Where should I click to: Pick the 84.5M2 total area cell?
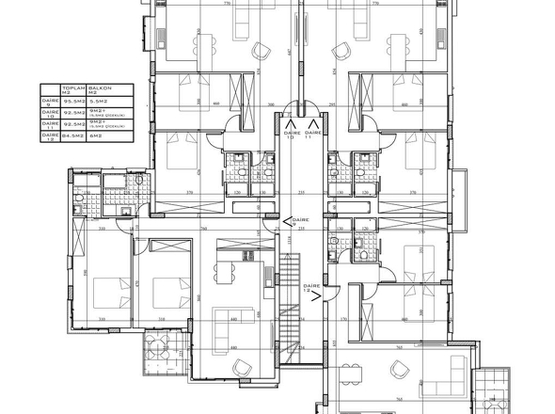pyautogui.click(x=73, y=135)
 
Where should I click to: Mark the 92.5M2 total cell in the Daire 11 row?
pyautogui.click(x=73, y=123)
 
